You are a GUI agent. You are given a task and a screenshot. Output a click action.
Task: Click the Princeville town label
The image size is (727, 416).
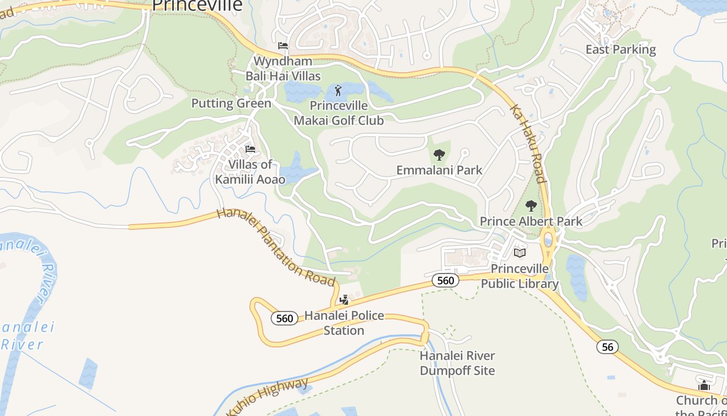[x=197, y=5]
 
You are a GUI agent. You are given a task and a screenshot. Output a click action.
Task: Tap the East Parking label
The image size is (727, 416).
[x=621, y=49]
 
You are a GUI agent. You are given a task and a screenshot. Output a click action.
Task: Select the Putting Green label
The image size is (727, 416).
[x=231, y=103]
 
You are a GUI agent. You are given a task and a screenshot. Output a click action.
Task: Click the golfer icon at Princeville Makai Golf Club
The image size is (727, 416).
[x=339, y=90]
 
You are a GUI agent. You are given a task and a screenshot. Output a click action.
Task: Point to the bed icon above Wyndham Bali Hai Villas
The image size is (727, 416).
[x=283, y=46]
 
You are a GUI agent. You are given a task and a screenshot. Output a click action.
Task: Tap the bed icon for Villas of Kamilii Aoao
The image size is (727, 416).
[x=250, y=150]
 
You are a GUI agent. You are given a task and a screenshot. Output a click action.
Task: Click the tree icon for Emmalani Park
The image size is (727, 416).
[x=439, y=154]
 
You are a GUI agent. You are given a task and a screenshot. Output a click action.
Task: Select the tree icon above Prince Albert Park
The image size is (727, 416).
[x=531, y=205]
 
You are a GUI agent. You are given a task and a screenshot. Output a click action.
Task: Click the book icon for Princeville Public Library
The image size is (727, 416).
[x=519, y=253]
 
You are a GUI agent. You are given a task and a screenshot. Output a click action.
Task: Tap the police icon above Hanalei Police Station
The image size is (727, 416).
[x=344, y=300]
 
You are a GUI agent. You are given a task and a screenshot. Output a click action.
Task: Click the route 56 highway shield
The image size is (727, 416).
[x=607, y=347]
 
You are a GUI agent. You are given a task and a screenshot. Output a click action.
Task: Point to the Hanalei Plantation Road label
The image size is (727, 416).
[x=276, y=246]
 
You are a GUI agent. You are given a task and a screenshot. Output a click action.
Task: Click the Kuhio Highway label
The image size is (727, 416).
[x=267, y=398]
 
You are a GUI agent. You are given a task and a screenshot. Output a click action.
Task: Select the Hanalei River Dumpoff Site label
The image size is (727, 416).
[x=457, y=363]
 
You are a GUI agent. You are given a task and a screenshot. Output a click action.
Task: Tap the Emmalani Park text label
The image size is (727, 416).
[x=439, y=170]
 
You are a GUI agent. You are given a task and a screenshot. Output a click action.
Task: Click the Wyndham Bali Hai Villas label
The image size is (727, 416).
[x=283, y=69]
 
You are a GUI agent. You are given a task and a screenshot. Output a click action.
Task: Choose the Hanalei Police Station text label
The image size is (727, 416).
[x=344, y=323]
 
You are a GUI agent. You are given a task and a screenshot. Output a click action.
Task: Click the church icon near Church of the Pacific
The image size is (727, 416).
[x=704, y=386]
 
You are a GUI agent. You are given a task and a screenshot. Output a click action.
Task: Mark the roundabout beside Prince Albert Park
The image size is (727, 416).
[x=548, y=241]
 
